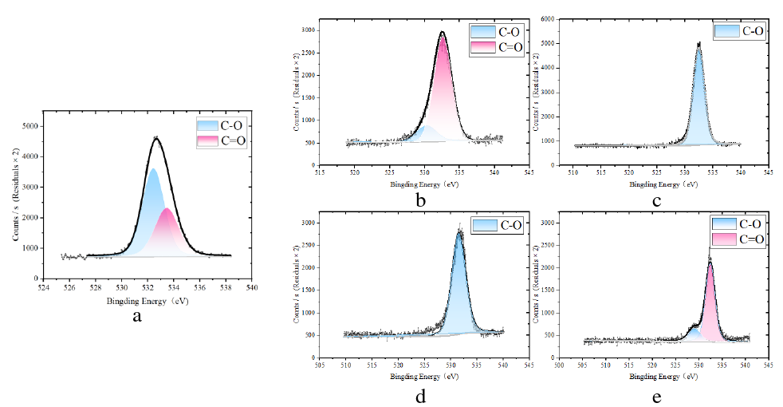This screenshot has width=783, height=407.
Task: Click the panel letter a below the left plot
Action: pos(137,317)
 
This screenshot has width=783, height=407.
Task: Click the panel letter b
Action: pos(420,200)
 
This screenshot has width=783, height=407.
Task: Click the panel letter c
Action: pos(656,200)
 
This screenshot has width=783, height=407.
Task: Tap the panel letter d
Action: pos(420,394)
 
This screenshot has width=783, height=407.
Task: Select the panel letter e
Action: pos(656,394)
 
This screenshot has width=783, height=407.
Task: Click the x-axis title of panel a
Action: pos(147,302)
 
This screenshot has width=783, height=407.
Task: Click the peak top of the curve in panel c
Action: pos(698,44)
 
